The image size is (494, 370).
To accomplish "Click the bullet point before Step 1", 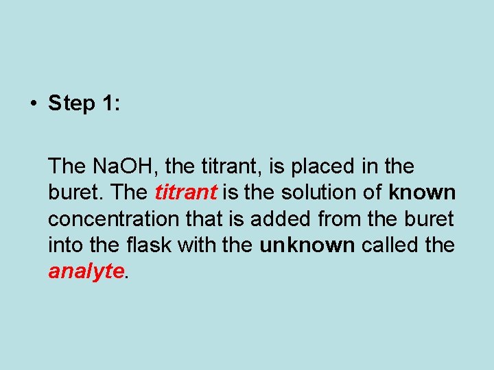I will pos(32,104).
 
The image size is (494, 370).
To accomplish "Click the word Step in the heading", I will pos(71,104).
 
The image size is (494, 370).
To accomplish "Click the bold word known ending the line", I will pos(421,193).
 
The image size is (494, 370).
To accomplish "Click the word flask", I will pos(147,245).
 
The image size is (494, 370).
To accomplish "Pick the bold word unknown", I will pos(307,245).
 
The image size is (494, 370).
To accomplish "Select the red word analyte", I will pos(86,271).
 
